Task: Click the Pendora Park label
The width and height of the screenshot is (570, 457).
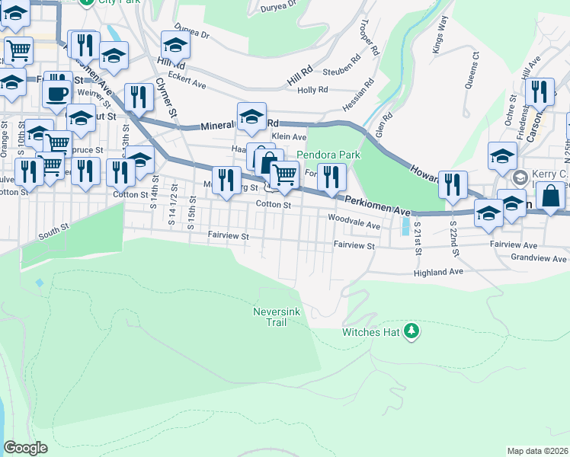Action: [x=328, y=155]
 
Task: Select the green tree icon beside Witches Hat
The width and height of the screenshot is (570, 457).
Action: [x=411, y=330]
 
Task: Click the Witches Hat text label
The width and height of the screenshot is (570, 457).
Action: [x=371, y=332]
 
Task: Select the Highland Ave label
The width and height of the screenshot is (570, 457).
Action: [x=438, y=272]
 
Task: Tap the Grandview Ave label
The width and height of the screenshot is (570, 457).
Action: [x=539, y=259]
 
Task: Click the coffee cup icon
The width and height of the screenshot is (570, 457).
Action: [x=57, y=94]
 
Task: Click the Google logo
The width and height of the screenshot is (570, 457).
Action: [x=25, y=448]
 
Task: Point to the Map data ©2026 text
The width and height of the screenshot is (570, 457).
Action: [x=538, y=451]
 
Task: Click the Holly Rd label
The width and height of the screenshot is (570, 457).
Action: [x=312, y=90]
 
